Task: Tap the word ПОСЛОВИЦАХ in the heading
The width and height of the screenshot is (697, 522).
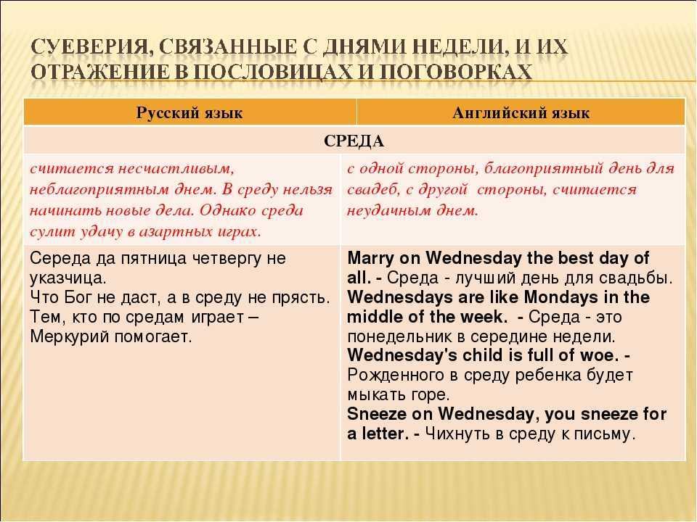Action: point(271,72)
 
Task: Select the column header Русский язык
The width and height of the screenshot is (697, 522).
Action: point(189,113)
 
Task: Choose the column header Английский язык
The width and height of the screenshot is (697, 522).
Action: point(521,113)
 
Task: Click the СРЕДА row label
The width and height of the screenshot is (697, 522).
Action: point(354,141)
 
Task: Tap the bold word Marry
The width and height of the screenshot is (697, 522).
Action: point(370,258)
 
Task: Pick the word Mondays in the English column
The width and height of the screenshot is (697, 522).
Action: point(561,297)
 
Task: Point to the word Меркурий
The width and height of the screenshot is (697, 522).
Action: point(70,336)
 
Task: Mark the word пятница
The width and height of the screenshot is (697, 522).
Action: point(144,258)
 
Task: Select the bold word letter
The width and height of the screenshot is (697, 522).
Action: point(385,434)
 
